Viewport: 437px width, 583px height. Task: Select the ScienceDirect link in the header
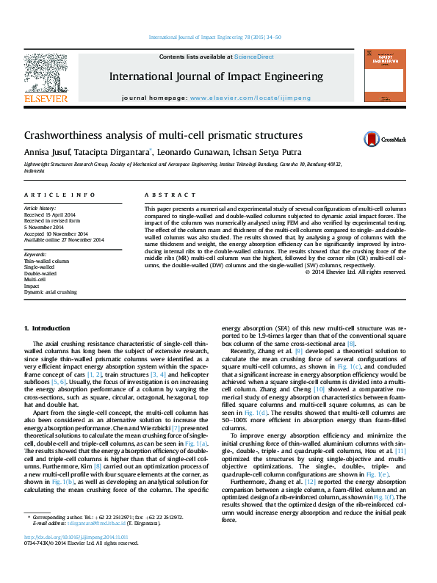coord(253,57)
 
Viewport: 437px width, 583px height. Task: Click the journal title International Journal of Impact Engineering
coord(216,76)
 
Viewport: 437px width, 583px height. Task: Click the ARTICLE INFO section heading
coord(59,195)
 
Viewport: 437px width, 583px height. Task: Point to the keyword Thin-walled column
coord(46,261)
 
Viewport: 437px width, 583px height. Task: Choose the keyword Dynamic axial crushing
coord(50,291)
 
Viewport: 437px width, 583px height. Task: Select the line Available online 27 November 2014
coord(64,240)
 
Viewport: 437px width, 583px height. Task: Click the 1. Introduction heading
coord(47,327)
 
